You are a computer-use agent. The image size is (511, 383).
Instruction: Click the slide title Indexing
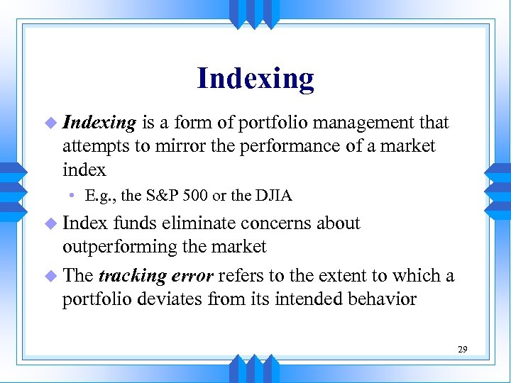255,78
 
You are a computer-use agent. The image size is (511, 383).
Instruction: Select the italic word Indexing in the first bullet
99,123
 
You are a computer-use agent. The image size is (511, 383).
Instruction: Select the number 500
214,195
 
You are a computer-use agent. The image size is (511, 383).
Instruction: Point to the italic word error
189,275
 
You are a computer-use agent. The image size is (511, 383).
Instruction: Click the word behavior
380,299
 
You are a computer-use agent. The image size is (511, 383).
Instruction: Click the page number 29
462,349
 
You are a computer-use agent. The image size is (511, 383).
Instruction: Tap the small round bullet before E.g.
72,196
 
